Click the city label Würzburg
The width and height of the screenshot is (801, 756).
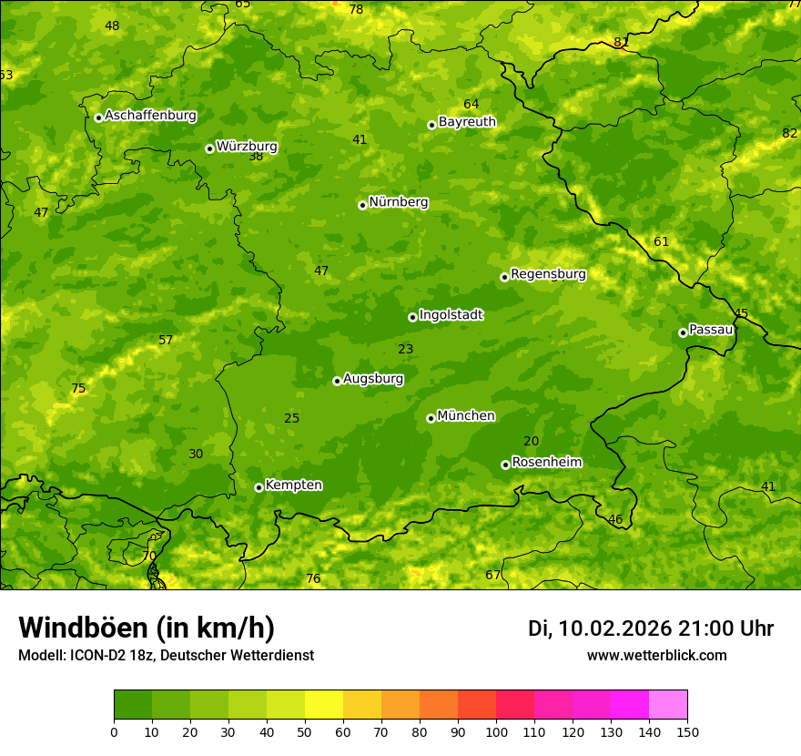click(247, 147)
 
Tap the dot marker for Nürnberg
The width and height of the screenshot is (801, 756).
click(362, 205)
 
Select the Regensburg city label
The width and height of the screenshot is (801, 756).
click(548, 274)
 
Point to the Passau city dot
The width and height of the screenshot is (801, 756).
click(683, 332)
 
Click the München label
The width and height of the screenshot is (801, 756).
click(466, 416)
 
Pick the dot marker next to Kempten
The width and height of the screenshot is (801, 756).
click(259, 487)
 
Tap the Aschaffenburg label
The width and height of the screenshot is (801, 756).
click(150, 116)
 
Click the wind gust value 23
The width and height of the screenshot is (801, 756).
click(405, 349)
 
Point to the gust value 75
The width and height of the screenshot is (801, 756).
click(78, 389)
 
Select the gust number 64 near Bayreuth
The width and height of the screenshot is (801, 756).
click(471, 105)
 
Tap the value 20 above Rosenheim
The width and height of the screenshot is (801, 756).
click(531, 442)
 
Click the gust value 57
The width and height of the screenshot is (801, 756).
click(166, 341)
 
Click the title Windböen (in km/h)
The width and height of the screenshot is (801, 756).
click(147, 628)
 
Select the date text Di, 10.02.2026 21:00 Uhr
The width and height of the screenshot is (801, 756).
click(651, 628)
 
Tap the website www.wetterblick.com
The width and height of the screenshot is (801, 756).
click(656, 656)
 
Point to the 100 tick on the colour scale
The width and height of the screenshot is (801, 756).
click(496, 731)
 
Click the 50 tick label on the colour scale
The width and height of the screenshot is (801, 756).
click(305, 731)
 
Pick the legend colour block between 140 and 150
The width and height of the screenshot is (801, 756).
click(668, 705)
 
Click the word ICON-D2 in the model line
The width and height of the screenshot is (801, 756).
click(96, 656)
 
